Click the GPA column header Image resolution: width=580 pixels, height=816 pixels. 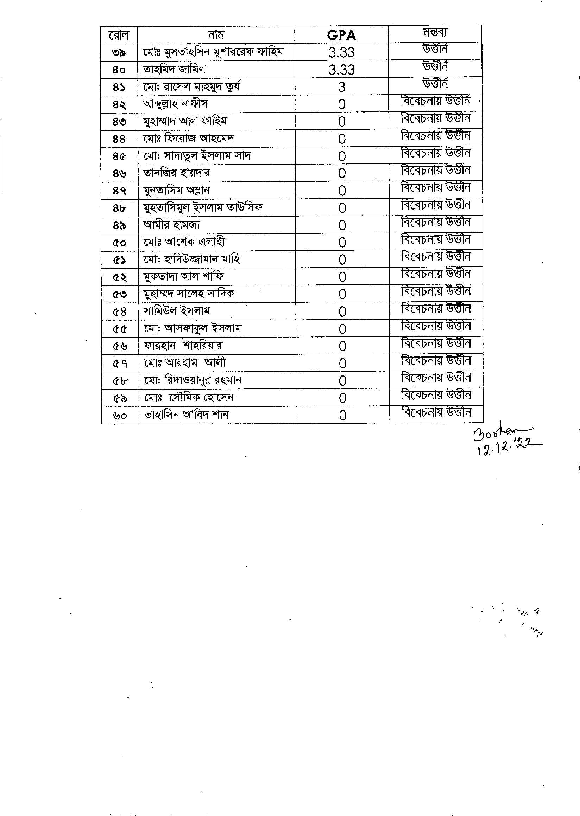pyautogui.click(x=341, y=35)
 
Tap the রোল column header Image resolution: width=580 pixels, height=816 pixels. pyautogui.click(x=119, y=35)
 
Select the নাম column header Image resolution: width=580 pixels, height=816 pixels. pyautogui.click(x=216, y=35)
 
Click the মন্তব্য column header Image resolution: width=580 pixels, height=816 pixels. pyautogui.click(x=435, y=32)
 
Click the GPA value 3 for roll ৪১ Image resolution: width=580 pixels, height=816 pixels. pyautogui.click(x=341, y=87)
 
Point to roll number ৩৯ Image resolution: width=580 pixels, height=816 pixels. pyautogui.click(x=119, y=52)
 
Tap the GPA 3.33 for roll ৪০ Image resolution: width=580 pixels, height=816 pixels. pyautogui.click(x=341, y=70)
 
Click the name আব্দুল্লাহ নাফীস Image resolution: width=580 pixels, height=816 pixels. pyautogui.click(x=175, y=104)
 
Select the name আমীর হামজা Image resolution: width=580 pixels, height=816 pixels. pyautogui.click(x=171, y=225)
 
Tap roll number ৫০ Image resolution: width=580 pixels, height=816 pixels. pyautogui.click(x=119, y=243)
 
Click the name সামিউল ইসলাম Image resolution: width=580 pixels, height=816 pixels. pyautogui.click(x=177, y=311)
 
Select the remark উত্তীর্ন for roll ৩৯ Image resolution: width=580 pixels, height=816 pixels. pyautogui.click(x=435, y=49)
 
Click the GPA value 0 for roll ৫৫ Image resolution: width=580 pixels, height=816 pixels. pyautogui.click(x=342, y=329)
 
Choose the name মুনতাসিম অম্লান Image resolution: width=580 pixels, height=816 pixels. pyautogui.click(x=176, y=190)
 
